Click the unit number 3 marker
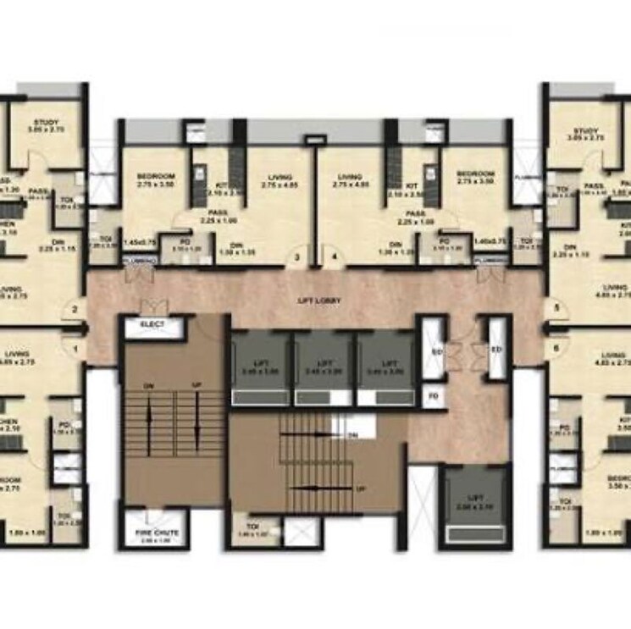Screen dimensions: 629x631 click(x=297, y=257)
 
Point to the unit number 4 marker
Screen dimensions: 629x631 click(x=334, y=257)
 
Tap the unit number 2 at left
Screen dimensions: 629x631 click(x=75, y=310)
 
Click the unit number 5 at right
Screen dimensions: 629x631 click(x=556, y=310)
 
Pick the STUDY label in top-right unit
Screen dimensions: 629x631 click(x=586, y=131)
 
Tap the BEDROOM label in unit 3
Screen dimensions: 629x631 click(x=155, y=176)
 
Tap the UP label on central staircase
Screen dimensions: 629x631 click(x=360, y=489)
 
